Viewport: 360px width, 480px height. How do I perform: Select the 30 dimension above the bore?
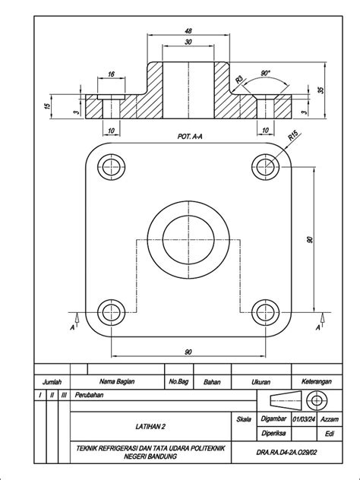[188, 43]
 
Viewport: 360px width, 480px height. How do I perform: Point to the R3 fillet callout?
[238, 79]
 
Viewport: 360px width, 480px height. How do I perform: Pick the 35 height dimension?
[321, 89]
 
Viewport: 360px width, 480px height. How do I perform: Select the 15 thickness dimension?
[49, 106]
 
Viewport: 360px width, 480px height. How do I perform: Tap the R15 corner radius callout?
[292, 137]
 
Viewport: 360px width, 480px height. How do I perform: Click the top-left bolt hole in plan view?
[111, 166]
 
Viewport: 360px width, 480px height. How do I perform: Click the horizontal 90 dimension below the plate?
[188, 351]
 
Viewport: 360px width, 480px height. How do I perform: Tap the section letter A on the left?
[72, 327]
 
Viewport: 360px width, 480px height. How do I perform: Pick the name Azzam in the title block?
[330, 418]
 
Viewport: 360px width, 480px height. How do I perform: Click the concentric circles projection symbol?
[316, 399]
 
